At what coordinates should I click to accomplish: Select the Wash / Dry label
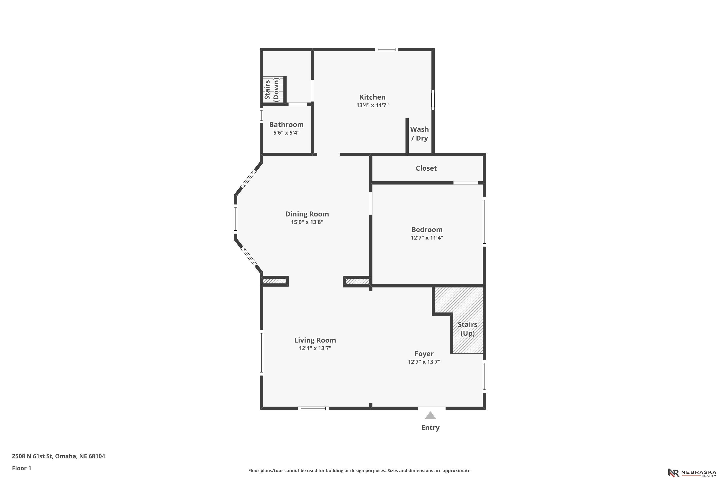coord(419,134)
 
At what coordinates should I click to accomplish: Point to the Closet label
coord(426,168)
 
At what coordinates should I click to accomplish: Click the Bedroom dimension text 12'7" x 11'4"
coord(427,238)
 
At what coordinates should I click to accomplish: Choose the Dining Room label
coord(307,214)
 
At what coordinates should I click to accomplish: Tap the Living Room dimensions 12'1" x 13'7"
coord(315,348)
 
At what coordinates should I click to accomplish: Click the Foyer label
coord(424,354)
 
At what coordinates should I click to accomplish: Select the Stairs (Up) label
coord(468,329)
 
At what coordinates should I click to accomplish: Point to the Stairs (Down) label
coord(271,89)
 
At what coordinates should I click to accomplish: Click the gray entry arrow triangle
coord(430,415)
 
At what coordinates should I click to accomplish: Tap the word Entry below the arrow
coord(430,428)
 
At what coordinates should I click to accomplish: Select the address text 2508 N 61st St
coord(33,456)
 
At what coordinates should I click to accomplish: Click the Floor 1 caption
coord(21,468)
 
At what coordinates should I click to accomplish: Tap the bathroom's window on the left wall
coord(261,116)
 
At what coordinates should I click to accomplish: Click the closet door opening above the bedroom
coord(466,183)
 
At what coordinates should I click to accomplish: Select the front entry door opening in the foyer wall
coord(432,408)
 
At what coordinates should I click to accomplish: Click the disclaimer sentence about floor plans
coord(360,470)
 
